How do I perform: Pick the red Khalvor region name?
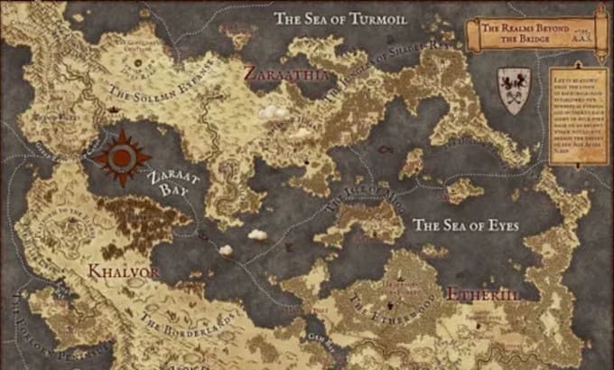[x=124, y=270]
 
